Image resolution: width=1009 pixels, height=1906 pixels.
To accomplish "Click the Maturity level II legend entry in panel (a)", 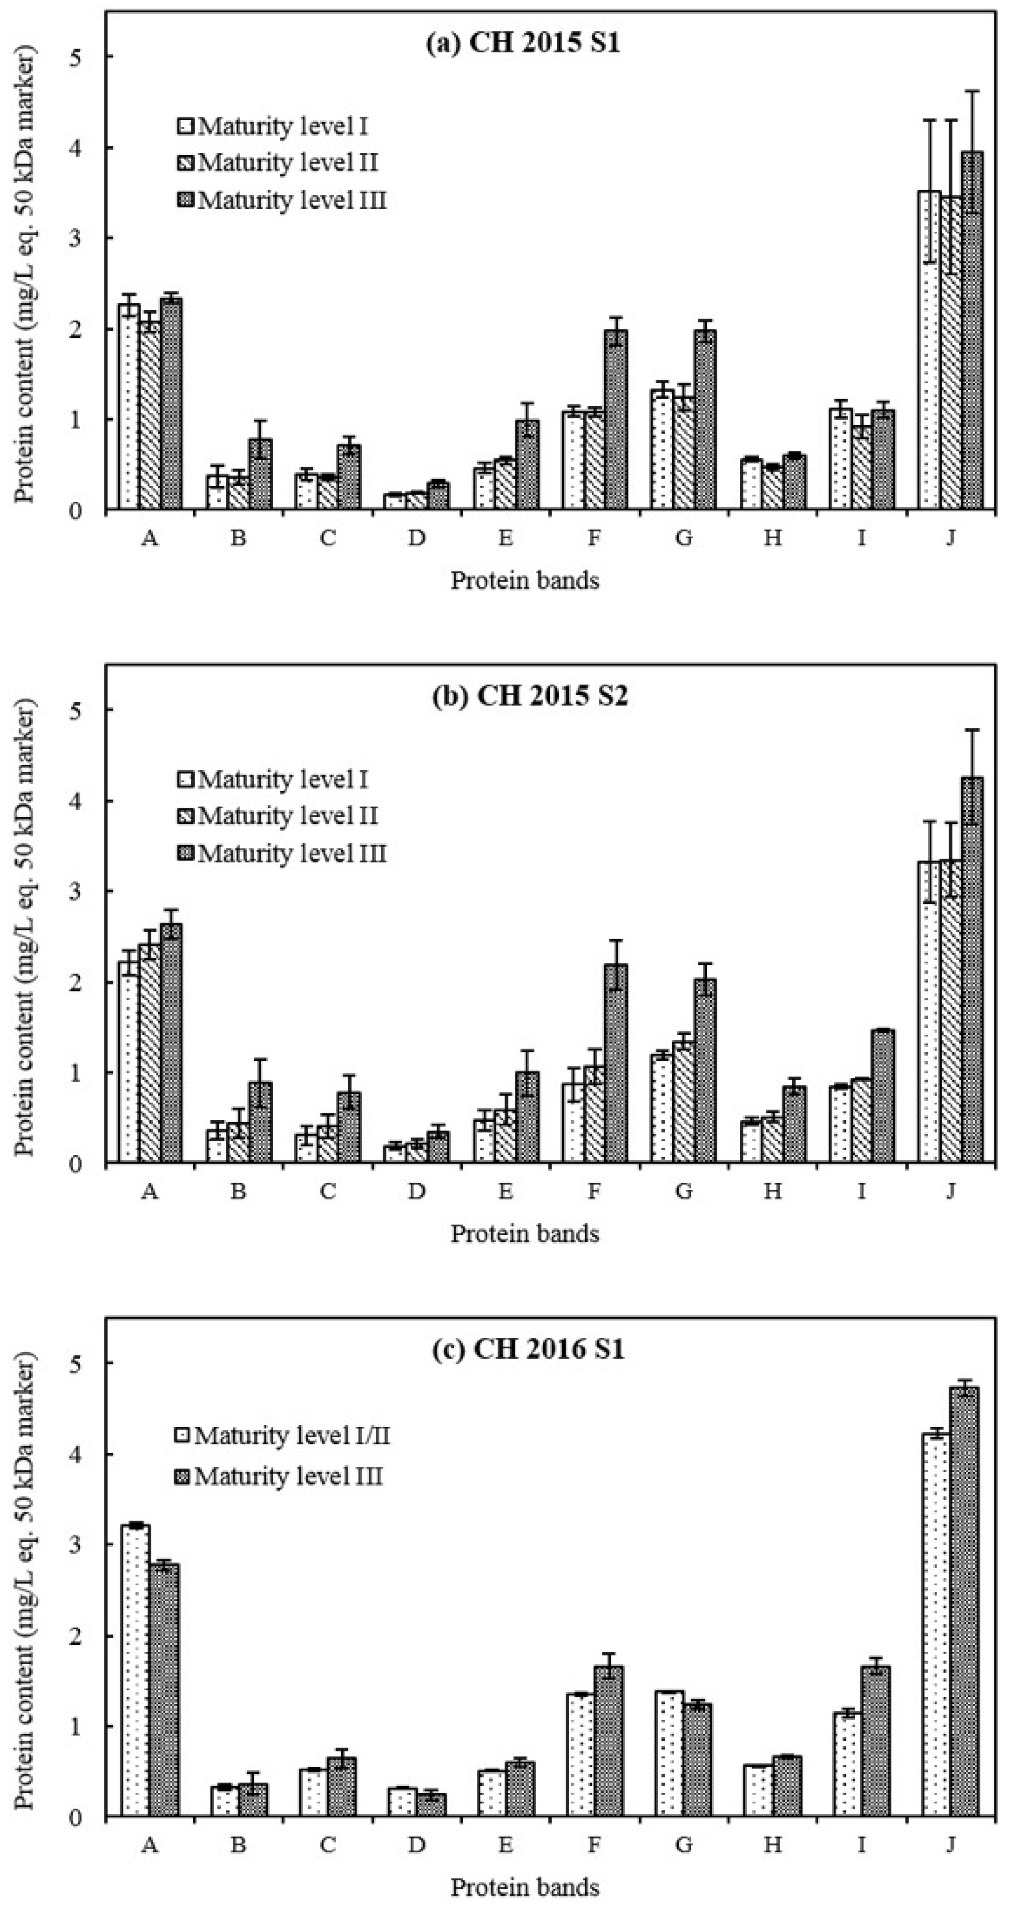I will click(278, 162).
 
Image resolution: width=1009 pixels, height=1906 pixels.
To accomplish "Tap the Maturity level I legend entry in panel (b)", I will click(272, 779).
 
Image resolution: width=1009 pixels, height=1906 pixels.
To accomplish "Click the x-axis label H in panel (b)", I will click(772, 1191).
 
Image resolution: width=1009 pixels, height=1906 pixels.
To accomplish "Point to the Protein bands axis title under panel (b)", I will click(524, 1233).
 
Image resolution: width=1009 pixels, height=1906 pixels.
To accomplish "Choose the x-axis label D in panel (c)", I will click(417, 1845).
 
